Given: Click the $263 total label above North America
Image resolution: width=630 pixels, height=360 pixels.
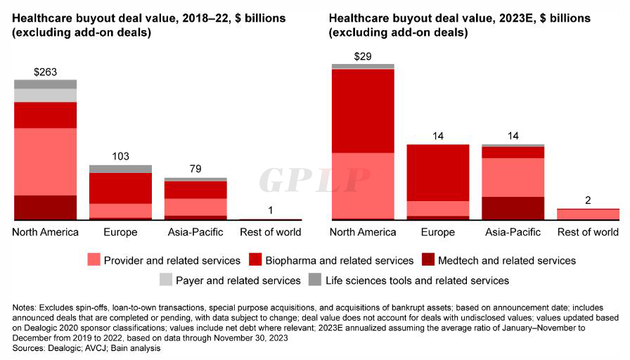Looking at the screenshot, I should (45, 72).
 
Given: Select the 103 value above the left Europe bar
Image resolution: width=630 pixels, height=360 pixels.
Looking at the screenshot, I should (120, 157).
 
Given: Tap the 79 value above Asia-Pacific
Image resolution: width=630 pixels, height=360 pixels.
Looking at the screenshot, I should (195, 169).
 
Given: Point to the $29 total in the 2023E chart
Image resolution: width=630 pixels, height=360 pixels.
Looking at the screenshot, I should (362, 56).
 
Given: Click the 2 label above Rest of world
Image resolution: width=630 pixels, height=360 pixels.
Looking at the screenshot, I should (588, 200).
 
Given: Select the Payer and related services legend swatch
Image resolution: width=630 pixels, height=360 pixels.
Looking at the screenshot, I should (165, 280).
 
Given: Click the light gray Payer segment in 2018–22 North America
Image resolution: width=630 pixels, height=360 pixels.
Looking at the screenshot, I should (45, 95).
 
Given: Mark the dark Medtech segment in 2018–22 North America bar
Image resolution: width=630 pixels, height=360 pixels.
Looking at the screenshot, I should (45, 207).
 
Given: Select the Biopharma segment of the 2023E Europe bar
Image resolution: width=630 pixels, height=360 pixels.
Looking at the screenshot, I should (437, 172).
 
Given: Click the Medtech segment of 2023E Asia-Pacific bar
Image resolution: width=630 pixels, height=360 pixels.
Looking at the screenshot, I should (513, 208).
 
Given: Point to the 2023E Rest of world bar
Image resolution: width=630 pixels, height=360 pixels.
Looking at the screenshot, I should (588, 214).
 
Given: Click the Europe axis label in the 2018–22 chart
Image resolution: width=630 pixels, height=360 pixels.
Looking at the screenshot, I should (120, 232).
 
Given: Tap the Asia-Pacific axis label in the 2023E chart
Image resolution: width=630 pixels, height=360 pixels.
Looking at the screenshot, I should (513, 232).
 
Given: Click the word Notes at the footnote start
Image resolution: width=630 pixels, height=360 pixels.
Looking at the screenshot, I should (26, 308).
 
